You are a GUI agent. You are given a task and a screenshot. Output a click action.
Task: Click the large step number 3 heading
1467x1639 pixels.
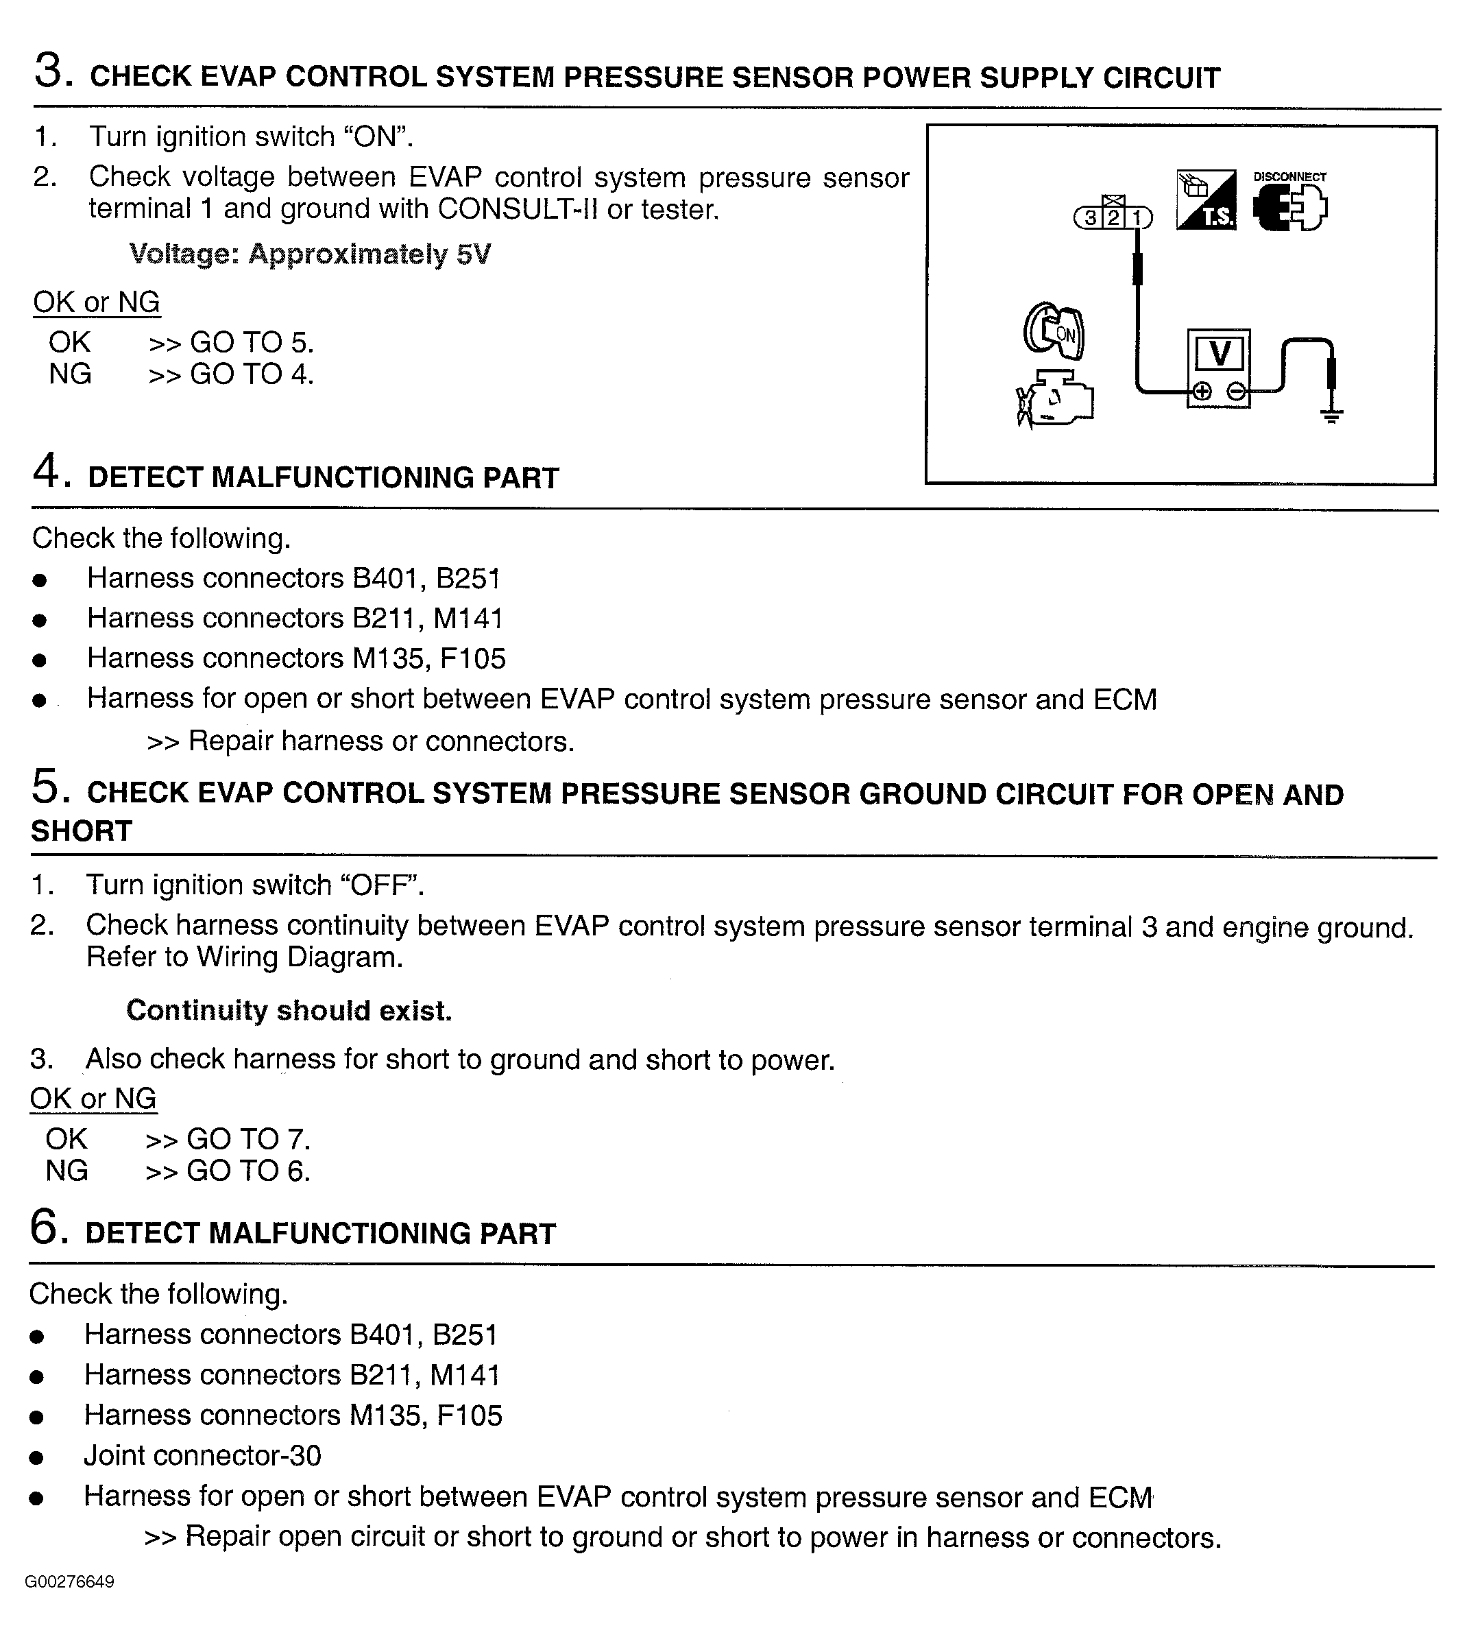pos(50,72)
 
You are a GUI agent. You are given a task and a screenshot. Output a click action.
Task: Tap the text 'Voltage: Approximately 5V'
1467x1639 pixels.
pos(310,254)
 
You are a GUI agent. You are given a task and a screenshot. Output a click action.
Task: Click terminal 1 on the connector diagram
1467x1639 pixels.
pos(1137,217)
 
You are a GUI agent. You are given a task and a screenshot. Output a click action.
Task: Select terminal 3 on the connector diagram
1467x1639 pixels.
pos(1090,217)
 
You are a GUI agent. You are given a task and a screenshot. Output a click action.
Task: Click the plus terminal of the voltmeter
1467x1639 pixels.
pos(1201,392)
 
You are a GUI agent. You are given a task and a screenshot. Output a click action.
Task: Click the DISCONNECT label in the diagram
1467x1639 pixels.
pos(1289,176)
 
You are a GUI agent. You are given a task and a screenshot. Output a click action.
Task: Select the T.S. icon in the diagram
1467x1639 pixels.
pos(1206,200)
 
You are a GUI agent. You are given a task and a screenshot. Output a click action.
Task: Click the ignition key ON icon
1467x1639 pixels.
pos(1054,331)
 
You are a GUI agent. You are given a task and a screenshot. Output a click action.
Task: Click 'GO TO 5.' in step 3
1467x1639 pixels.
pos(251,344)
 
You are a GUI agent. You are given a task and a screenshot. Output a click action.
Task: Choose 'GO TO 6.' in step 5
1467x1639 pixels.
pos(247,1171)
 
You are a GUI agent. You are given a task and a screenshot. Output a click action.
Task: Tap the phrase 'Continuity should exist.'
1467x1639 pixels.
pos(289,1011)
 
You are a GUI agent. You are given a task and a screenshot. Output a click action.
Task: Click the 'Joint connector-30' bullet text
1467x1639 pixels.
pos(202,1456)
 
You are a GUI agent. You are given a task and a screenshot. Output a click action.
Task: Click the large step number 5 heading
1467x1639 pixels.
pos(47,788)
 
